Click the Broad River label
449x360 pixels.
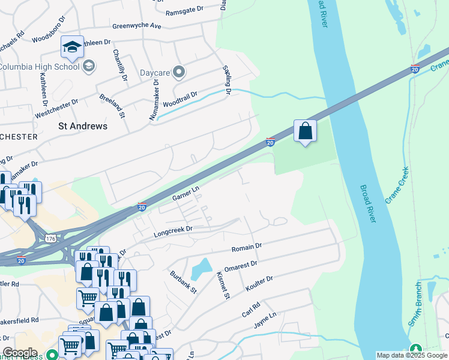tap(369, 204)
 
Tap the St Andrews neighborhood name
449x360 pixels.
tap(83, 126)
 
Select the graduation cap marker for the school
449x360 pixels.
tap(71, 47)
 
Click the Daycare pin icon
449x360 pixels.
tap(179, 73)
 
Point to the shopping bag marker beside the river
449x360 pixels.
tap(305, 130)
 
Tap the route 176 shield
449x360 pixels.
tap(50, 239)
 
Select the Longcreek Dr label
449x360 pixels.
tap(173, 229)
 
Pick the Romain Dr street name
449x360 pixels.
tap(247, 247)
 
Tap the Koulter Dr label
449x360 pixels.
tap(259, 284)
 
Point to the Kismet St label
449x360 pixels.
tap(222, 285)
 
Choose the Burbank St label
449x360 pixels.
tap(184, 281)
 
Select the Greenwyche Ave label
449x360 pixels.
tap(137, 26)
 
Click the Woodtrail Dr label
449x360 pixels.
tap(180, 97)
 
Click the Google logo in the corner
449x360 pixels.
tap(20, 353)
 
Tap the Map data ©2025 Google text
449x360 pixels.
tap(411, 355)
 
